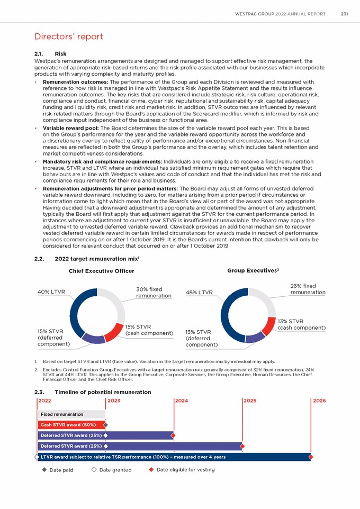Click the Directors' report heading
[x=69, y=37]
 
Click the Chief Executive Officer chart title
[x=102, y=271]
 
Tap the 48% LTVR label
[x=199, y=292]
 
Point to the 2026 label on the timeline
[x=319, y=401]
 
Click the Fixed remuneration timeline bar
[x=71, y=414]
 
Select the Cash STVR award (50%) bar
[x=71, y=425]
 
